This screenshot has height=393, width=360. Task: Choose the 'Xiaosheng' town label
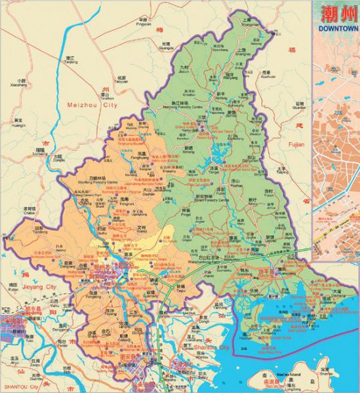pos(19,84)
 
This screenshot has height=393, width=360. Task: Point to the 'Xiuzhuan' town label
pos(268,77)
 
